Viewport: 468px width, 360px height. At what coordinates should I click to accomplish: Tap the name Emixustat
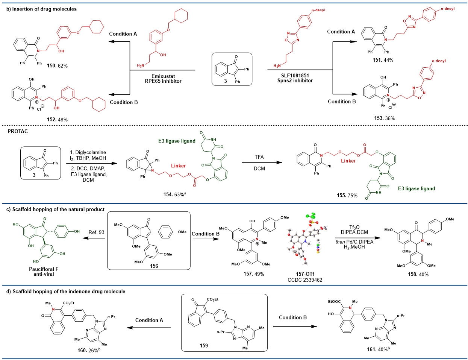[163, 76]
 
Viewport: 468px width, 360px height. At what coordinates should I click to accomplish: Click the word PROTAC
[17, 131]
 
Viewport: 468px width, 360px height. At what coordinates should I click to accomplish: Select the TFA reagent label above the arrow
[259, 157]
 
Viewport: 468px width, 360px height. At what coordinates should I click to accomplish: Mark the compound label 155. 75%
[347, 196]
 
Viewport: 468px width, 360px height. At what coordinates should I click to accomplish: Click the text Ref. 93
[96, 232]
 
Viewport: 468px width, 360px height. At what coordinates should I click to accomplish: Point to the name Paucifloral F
[44, 269]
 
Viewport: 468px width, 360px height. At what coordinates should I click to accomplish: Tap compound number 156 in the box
[154, 266]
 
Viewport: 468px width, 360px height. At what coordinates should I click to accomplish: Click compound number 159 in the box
[204, 345]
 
